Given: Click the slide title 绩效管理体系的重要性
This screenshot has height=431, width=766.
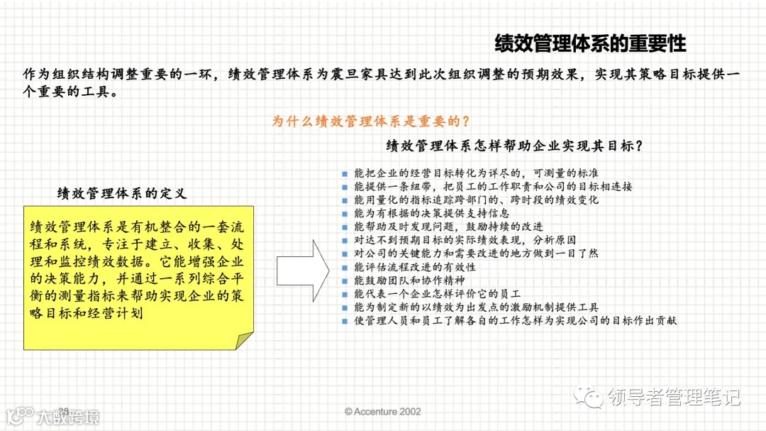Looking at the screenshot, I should click(x=590, y=44).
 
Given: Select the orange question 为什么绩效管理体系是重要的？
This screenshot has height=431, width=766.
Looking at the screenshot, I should click(x=372, y=121).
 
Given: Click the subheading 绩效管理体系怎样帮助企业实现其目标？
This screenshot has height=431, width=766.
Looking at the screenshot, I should click(x=514, y=146).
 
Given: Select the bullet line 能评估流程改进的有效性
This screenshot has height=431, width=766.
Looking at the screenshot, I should click(x=415, y=267).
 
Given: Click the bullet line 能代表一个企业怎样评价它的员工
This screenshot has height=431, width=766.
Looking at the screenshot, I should click(x=438, y=294).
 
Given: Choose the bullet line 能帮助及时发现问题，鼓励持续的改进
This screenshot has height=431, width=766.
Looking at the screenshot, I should click(x=448, y=227).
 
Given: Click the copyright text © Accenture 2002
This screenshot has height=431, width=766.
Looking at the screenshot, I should click(x=383, y=412).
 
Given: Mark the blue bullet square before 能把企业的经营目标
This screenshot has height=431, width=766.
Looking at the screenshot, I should click(x=345, y=173).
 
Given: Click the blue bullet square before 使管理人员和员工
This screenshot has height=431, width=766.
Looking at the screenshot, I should click(x=345, y=321).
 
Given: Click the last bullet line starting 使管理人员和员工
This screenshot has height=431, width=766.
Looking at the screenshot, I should click(x=516, y=321).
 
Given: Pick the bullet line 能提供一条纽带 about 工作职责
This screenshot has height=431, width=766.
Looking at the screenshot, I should click(x=493, y=187).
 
